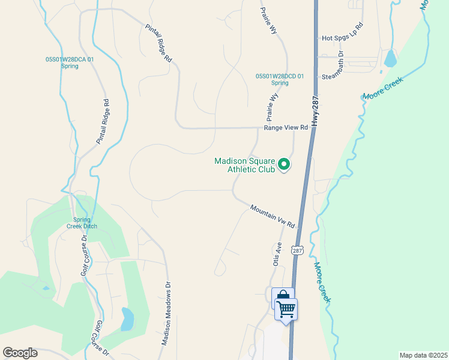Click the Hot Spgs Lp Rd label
pos(343,32)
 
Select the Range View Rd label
pos(286,128)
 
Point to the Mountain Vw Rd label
pos(273,216)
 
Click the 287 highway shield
pos(296,250)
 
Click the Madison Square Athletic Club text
pos(245,165)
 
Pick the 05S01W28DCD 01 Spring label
pos(280,79)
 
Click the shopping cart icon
pos(286,309)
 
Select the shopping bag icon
pos(281,296)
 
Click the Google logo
pos(20,353)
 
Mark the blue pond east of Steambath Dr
pos(390,58)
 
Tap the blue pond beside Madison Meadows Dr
pos(127,320)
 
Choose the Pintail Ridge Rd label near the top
pos(159,43)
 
